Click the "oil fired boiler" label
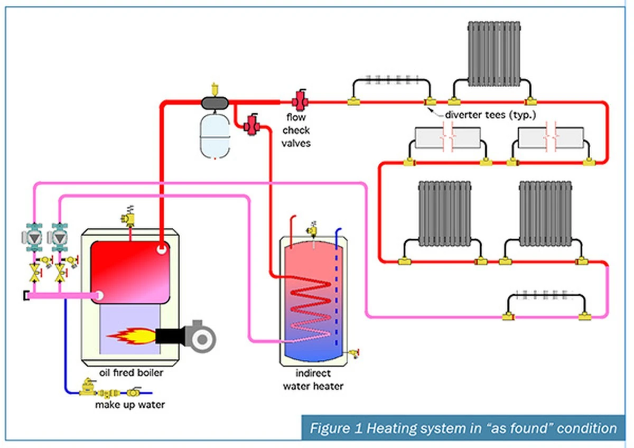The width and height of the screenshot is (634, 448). [x=131, y=373]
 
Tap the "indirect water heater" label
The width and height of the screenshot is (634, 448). [x=313, y=380]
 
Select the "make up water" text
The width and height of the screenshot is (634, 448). [x=130, y=405]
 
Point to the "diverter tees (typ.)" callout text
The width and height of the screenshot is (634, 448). [x=490, y=115]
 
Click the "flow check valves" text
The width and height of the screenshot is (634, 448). [x=296, y=130]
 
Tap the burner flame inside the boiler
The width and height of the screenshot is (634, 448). [x=132, y=336]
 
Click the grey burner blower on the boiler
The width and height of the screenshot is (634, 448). [x=200, y=337]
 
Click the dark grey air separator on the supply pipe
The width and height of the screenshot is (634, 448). [x=215, y=102]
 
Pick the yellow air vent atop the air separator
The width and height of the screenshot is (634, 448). [x=215, y=89]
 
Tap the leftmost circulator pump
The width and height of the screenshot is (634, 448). [x=33, y=237]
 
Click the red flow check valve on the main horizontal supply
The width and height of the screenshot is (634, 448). [x=300, y=100]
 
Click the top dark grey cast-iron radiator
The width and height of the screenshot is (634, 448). [x=494, y=54]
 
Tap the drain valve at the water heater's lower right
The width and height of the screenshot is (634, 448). [x=354, y=353]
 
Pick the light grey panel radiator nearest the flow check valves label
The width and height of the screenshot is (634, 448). [x=448, y=137]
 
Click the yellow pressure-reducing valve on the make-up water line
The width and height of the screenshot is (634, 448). [x=88, y=387]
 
